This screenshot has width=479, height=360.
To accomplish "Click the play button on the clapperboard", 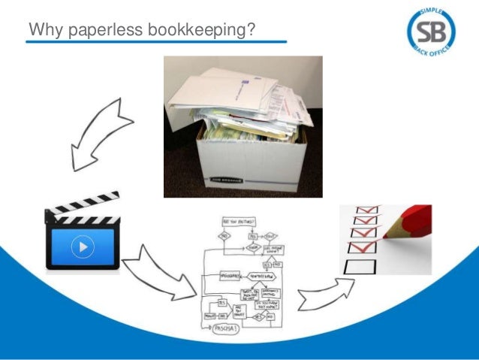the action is pos(83,246).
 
